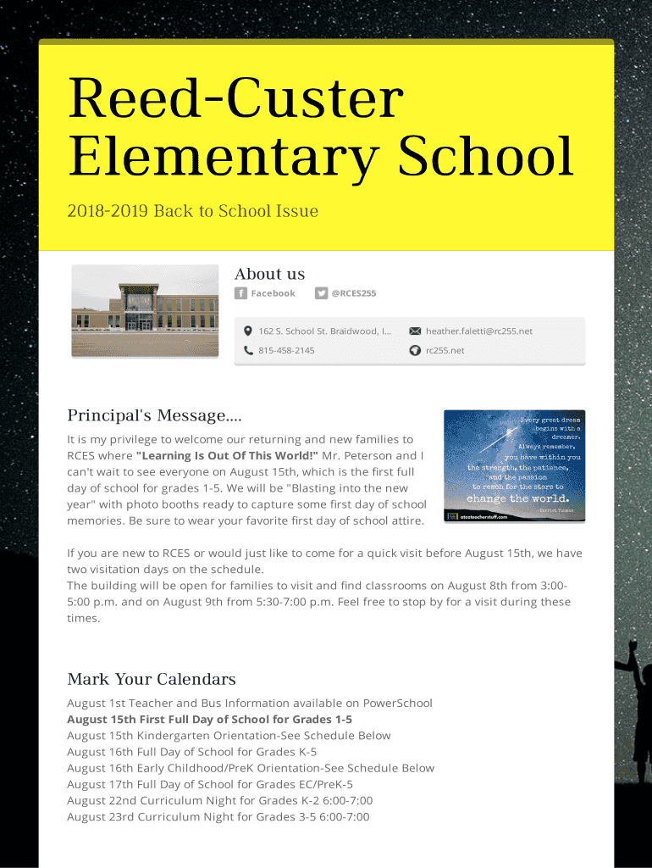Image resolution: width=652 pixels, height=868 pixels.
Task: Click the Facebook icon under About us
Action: click(241, 293)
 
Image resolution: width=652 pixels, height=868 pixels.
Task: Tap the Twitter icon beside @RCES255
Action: click(321, 293)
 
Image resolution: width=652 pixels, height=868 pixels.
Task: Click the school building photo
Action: click(145, 298)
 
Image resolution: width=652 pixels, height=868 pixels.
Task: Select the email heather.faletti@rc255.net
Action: click(479, 331)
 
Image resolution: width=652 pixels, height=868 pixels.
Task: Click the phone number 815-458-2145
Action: click(286, 350)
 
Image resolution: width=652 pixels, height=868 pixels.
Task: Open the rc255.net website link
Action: click(445, 350)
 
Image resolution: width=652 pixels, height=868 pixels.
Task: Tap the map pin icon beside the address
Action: click(248, 331)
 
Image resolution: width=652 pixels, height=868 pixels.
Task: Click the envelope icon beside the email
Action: click(415, 331)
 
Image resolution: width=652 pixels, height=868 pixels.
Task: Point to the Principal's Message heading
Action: click(154, 415)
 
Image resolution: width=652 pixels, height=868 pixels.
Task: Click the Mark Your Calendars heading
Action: click(152, 679)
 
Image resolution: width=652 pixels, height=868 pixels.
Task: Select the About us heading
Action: click(269, 274)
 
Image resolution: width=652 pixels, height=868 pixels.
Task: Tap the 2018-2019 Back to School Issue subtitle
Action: click(193, 211)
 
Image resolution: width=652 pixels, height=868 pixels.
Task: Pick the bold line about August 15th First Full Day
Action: click(209, 720)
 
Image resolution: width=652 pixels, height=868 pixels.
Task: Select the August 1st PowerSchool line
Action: click(250, 704)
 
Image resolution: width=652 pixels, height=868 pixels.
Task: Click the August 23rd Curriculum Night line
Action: click(218, 817)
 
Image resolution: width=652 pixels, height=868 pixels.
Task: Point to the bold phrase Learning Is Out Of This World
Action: click(227, 456)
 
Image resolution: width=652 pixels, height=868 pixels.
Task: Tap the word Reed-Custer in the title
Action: click(235, 98)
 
